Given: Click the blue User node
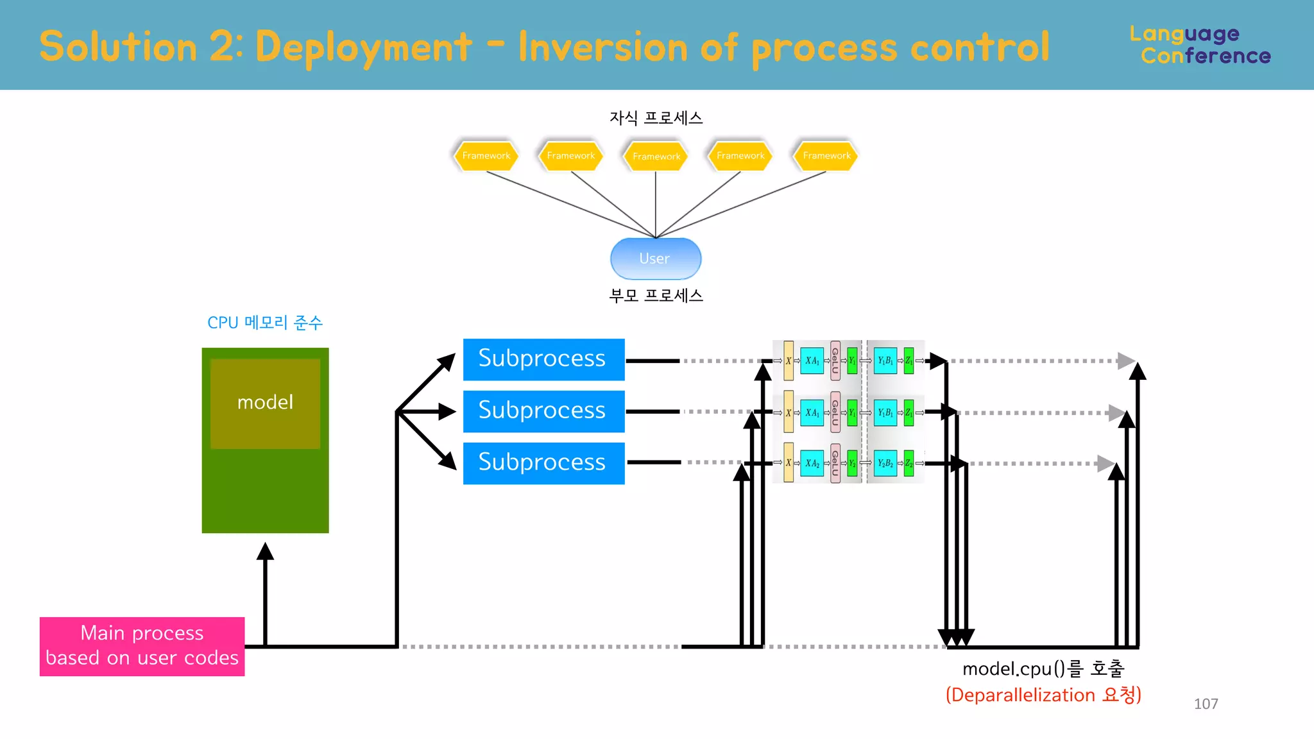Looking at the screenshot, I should tap(655, 259).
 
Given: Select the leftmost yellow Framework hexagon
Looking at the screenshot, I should tap(486, 156).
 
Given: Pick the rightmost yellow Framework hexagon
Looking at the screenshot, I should tap(826, 156).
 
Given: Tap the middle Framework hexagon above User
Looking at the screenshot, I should tap(656, 157).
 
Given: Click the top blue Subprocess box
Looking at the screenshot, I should tap(543, 359).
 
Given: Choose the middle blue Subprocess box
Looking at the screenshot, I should tap(543, 411).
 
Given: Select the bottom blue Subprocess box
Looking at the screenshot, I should tap(543, 463).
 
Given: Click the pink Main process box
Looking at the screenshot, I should tap(142, 646).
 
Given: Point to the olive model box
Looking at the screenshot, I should tap(265, 403).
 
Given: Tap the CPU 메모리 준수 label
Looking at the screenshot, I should tap(264, 323).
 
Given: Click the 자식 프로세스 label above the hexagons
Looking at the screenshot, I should tap(656, 118).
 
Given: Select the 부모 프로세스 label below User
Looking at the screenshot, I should tap(656, 296).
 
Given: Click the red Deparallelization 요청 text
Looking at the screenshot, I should tap(1043, 695).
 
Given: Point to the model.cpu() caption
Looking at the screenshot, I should tap(1043, 669).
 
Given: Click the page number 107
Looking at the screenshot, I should tap(1206, 704).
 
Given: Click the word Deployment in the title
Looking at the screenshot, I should tap(363, 47).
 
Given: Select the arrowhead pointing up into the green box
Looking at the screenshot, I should tap(265, 551).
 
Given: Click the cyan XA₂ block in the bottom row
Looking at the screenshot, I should tap(812, 463).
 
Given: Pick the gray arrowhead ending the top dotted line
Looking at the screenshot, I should tap(1126, 361).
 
